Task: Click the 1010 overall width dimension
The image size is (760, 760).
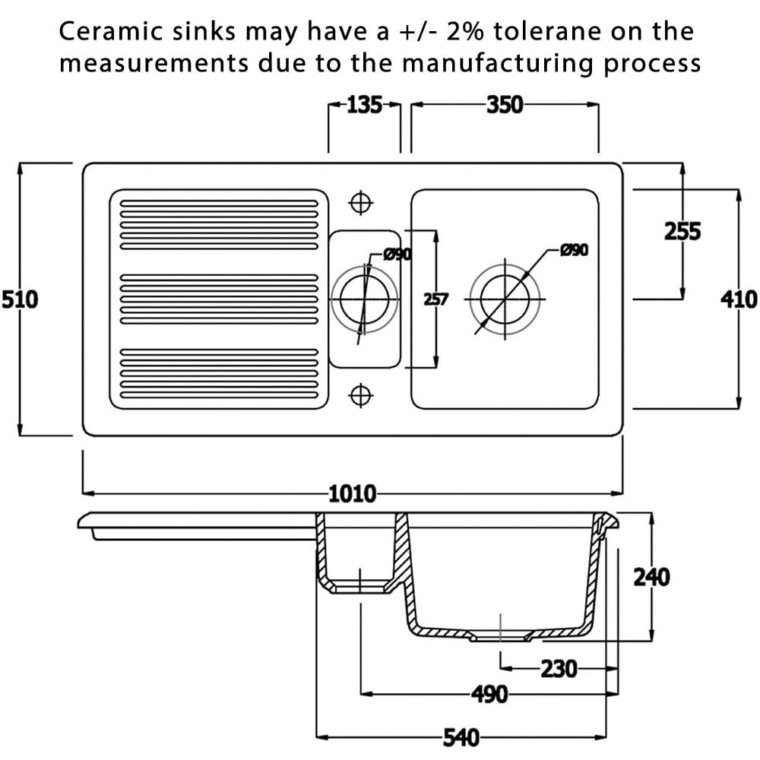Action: [x=353, y=494]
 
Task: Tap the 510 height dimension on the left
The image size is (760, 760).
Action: [x=19, y=299]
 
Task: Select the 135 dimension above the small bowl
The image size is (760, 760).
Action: [x=364, y=106]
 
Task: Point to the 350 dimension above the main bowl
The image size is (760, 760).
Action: [x=505, y=106]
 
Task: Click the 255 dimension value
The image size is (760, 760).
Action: [x=682, y=231]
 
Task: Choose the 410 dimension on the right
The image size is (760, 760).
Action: [x=739, y=299]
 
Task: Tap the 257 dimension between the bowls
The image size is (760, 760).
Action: [x=435, y=299]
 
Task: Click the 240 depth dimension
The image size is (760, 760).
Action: [x=651, y=578]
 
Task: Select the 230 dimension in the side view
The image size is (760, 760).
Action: [x=559, y=670]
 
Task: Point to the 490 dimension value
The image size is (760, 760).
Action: [x=489, y=694]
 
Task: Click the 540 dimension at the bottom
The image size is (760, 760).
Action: [x=461, y=736]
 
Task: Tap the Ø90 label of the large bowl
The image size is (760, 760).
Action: [x=575, y=250]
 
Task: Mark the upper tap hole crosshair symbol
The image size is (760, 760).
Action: [x=360, y=203]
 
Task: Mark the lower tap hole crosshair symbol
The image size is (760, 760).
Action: [x=360, y=395]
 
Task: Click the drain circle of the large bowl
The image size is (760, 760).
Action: [x=504, y=299]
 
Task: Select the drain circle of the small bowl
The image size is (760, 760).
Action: [x=364, y=299]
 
